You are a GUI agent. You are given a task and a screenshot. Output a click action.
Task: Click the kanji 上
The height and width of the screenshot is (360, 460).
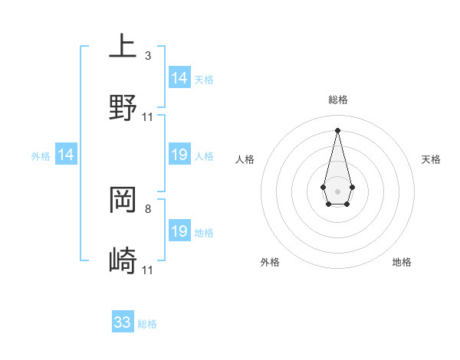(123, 46)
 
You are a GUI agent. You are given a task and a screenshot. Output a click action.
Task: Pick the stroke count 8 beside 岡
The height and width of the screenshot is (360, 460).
(148, 208)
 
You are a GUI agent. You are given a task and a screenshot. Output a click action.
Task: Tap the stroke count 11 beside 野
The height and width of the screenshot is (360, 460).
(148, 117)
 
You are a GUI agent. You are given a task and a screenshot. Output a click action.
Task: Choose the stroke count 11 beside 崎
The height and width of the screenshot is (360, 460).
(148, 270)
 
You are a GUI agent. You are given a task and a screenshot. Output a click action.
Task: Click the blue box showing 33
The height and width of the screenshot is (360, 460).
(123, 322)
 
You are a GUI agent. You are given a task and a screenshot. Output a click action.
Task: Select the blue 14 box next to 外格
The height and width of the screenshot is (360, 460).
(66, 155)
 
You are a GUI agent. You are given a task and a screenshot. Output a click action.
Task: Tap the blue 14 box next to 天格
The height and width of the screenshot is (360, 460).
(179, 78)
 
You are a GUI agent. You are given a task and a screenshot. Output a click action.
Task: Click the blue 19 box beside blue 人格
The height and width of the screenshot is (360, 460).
(179, 155)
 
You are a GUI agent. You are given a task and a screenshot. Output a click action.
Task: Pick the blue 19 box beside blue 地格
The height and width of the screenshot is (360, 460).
(179, 231)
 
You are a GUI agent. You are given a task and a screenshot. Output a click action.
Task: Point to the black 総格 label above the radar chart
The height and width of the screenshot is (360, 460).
(338, 100)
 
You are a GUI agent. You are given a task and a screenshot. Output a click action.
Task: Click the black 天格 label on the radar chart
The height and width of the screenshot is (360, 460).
(432, 159)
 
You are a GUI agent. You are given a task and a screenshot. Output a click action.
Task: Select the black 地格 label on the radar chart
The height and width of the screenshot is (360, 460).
(402, 262)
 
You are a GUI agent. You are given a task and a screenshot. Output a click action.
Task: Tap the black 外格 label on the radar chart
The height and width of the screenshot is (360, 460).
(270, 262)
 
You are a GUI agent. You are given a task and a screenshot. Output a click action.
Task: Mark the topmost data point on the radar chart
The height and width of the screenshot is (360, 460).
(337, 129)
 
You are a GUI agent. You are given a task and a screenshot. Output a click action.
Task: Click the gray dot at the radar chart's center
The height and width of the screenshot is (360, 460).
(337, 191)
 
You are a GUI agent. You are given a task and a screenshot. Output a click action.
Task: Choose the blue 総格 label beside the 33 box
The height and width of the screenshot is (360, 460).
(147, 324)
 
